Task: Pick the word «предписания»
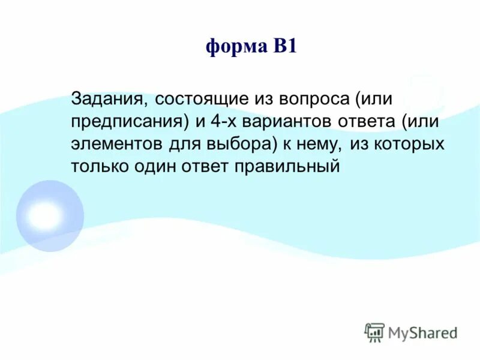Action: pos(130,121)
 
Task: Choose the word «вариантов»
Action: pos(290,121)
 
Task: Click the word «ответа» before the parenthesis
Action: pos(360,121)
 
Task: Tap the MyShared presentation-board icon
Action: pos(374,332)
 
